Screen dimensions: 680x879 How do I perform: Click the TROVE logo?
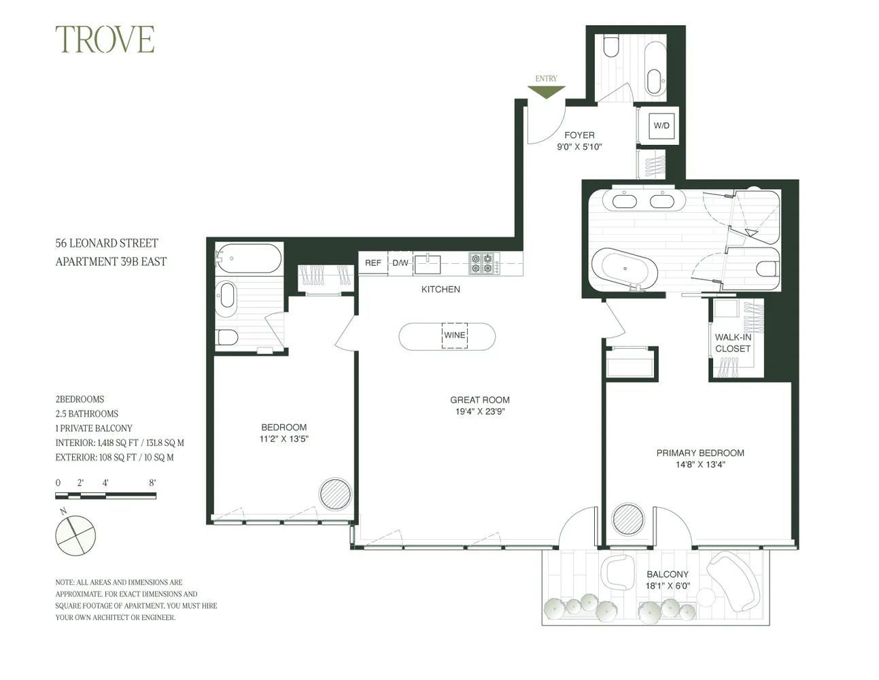pos(105,39)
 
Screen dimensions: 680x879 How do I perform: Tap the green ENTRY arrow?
pos(546,92)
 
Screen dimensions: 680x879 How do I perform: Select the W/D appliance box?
pos(661,125)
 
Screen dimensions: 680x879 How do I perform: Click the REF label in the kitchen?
pos(373,263)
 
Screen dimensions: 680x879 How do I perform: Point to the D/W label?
pos(400,263)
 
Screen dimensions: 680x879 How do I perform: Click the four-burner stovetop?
pos(483,263)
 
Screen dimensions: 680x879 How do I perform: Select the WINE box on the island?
pos(455,335)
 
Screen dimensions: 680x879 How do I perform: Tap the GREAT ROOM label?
pos(479,400)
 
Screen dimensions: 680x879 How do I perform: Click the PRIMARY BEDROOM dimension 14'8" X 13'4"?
pos(700,465)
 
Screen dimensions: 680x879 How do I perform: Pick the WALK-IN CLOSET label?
pos(733,343)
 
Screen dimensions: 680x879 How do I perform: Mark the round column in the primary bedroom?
pos(628,519)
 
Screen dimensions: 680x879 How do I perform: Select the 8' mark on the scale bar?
pos(152,483)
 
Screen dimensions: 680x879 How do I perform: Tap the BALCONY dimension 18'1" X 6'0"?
pos(667,585)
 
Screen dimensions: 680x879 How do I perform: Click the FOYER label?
pos(579,135)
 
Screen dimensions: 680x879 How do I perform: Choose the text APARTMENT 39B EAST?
pos(111,262)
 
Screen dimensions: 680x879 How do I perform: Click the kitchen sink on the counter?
pos(428,263)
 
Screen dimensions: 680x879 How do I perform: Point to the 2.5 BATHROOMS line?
pos(87,413)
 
